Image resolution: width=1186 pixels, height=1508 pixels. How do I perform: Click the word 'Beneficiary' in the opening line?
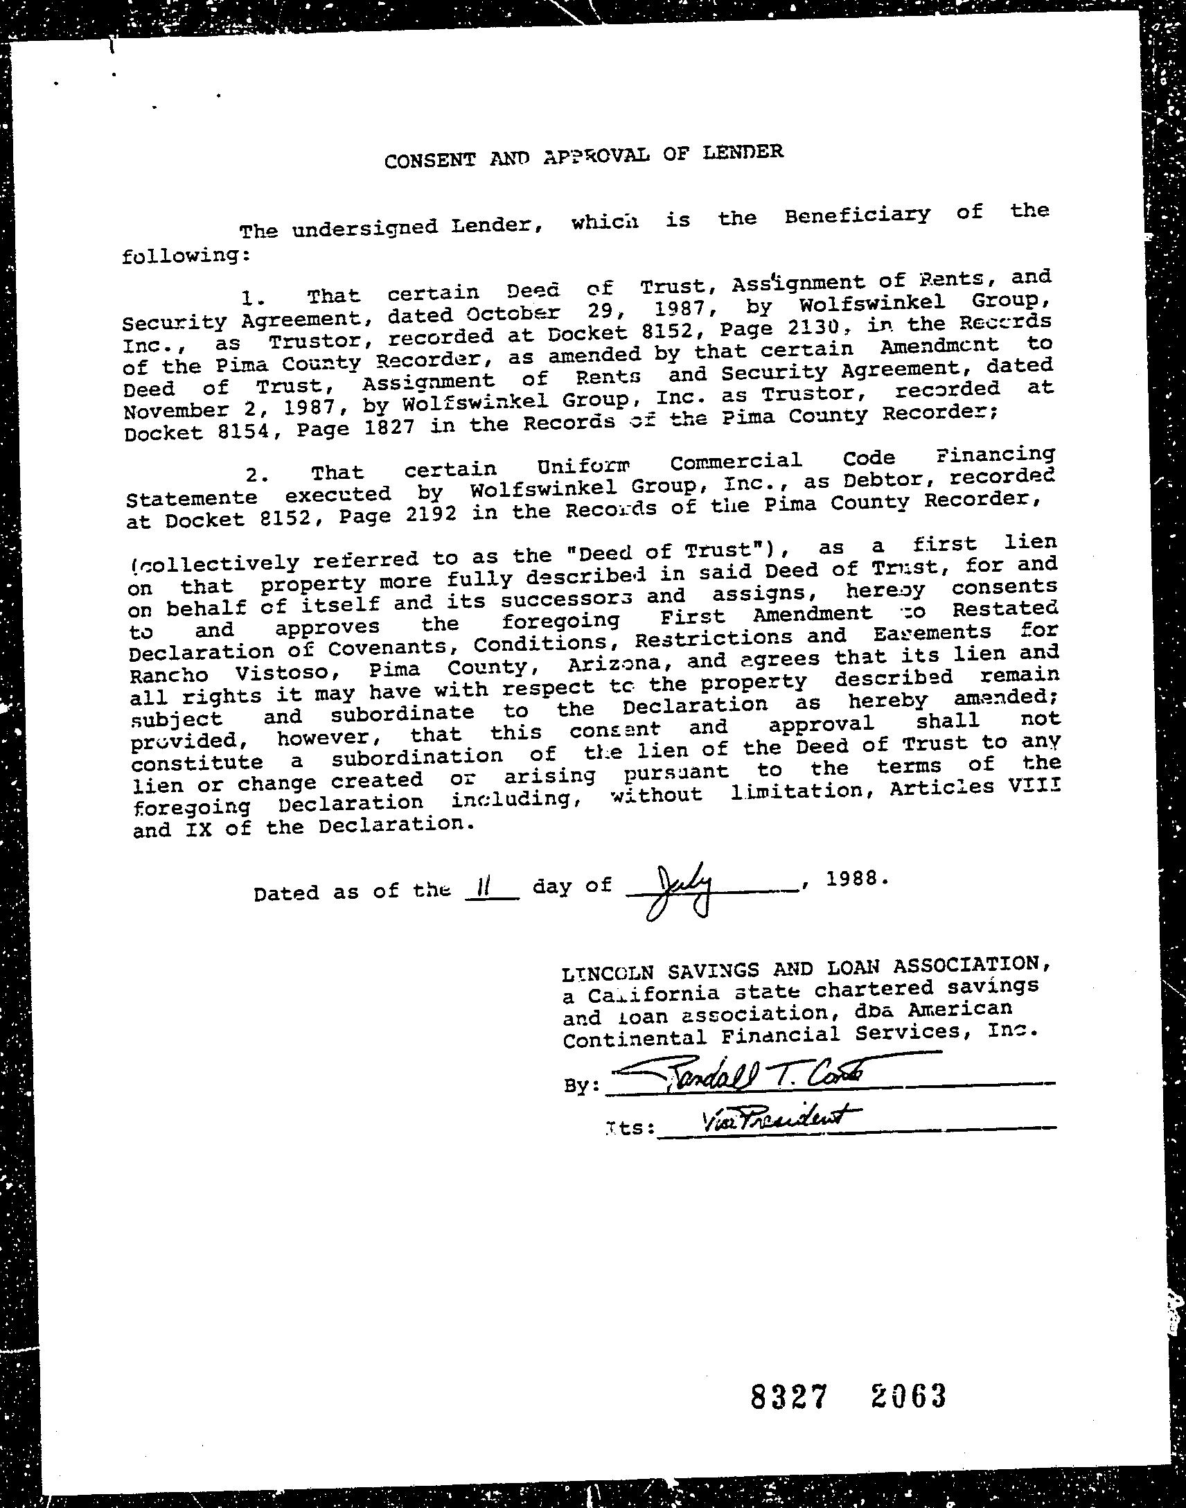coord(857,216)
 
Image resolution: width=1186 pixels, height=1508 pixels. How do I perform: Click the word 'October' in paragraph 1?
coord(513,315)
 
